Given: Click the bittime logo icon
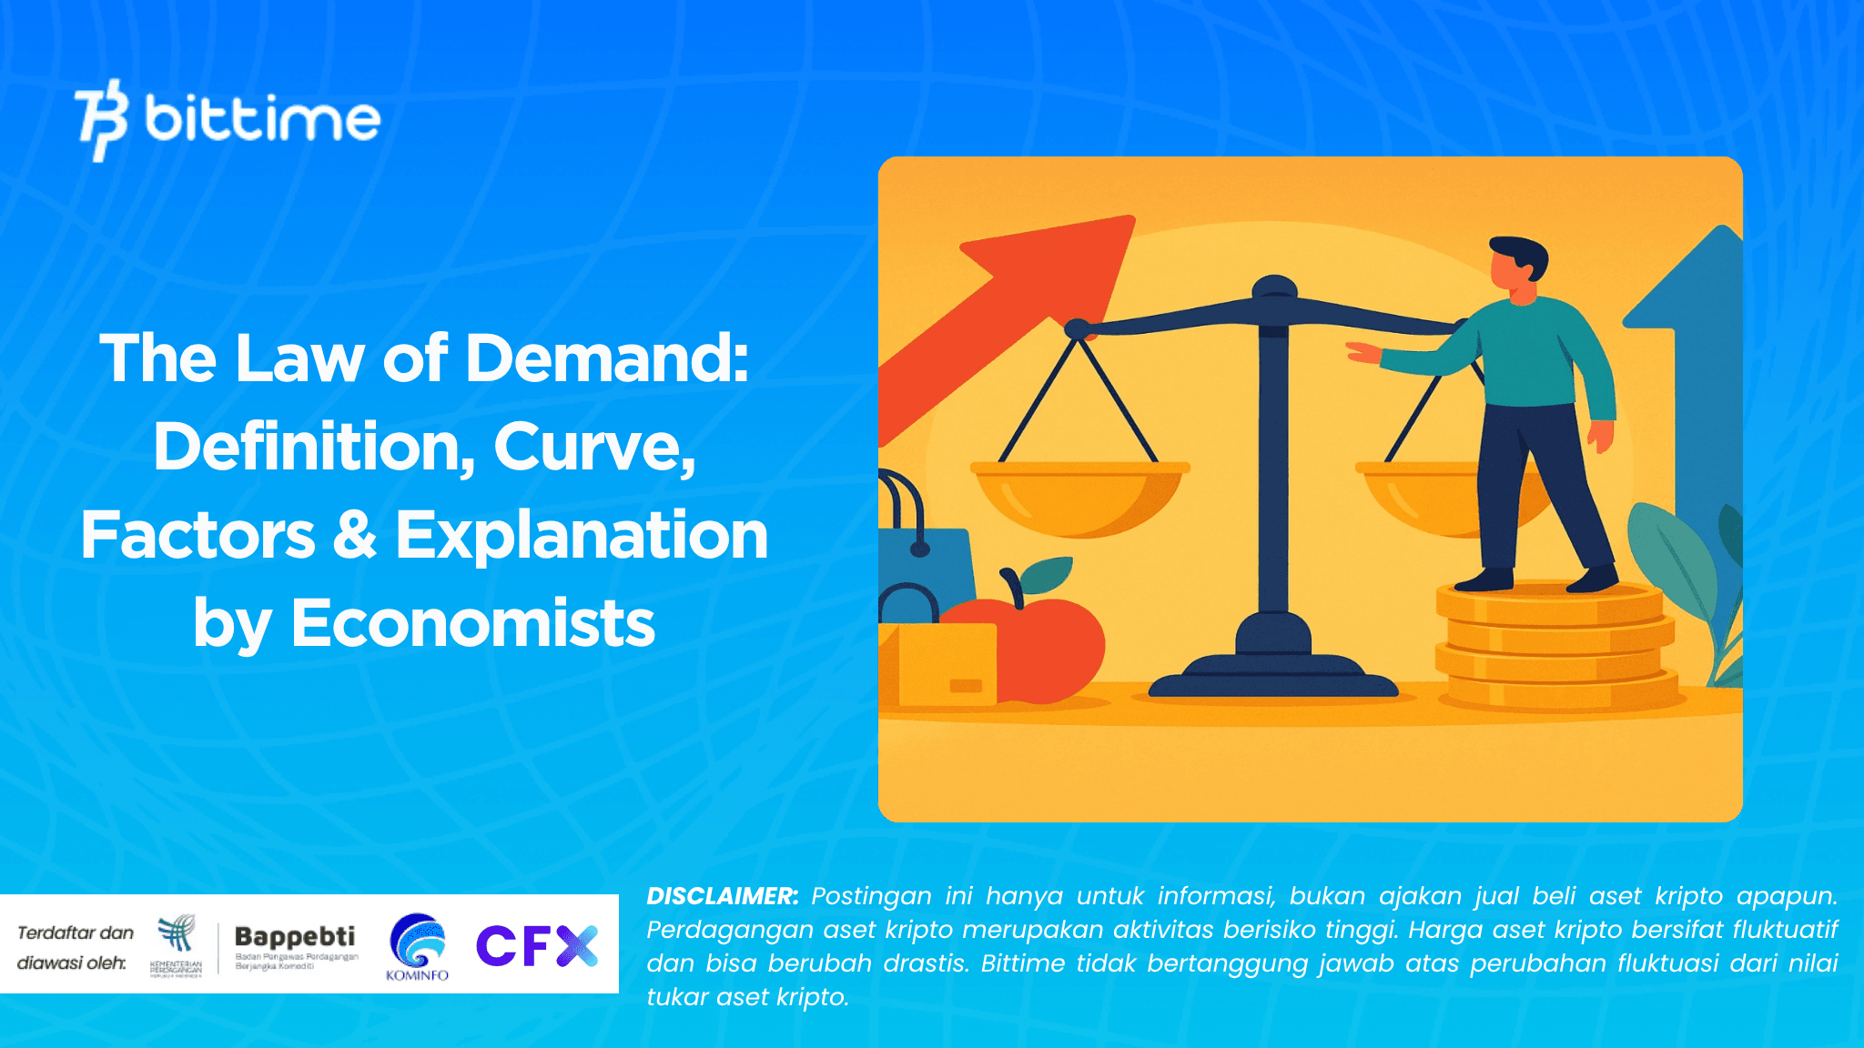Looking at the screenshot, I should [101, 119].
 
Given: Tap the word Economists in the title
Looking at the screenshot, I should [472, 624].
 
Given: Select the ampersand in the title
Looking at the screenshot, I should [354, 535].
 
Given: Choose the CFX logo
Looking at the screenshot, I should [537, 946].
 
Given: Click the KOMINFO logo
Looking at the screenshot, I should [417, 946].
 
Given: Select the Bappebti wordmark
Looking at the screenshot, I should [295, 936].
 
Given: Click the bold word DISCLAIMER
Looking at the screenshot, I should [722, 896].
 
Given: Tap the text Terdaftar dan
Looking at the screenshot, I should [76, 932].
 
